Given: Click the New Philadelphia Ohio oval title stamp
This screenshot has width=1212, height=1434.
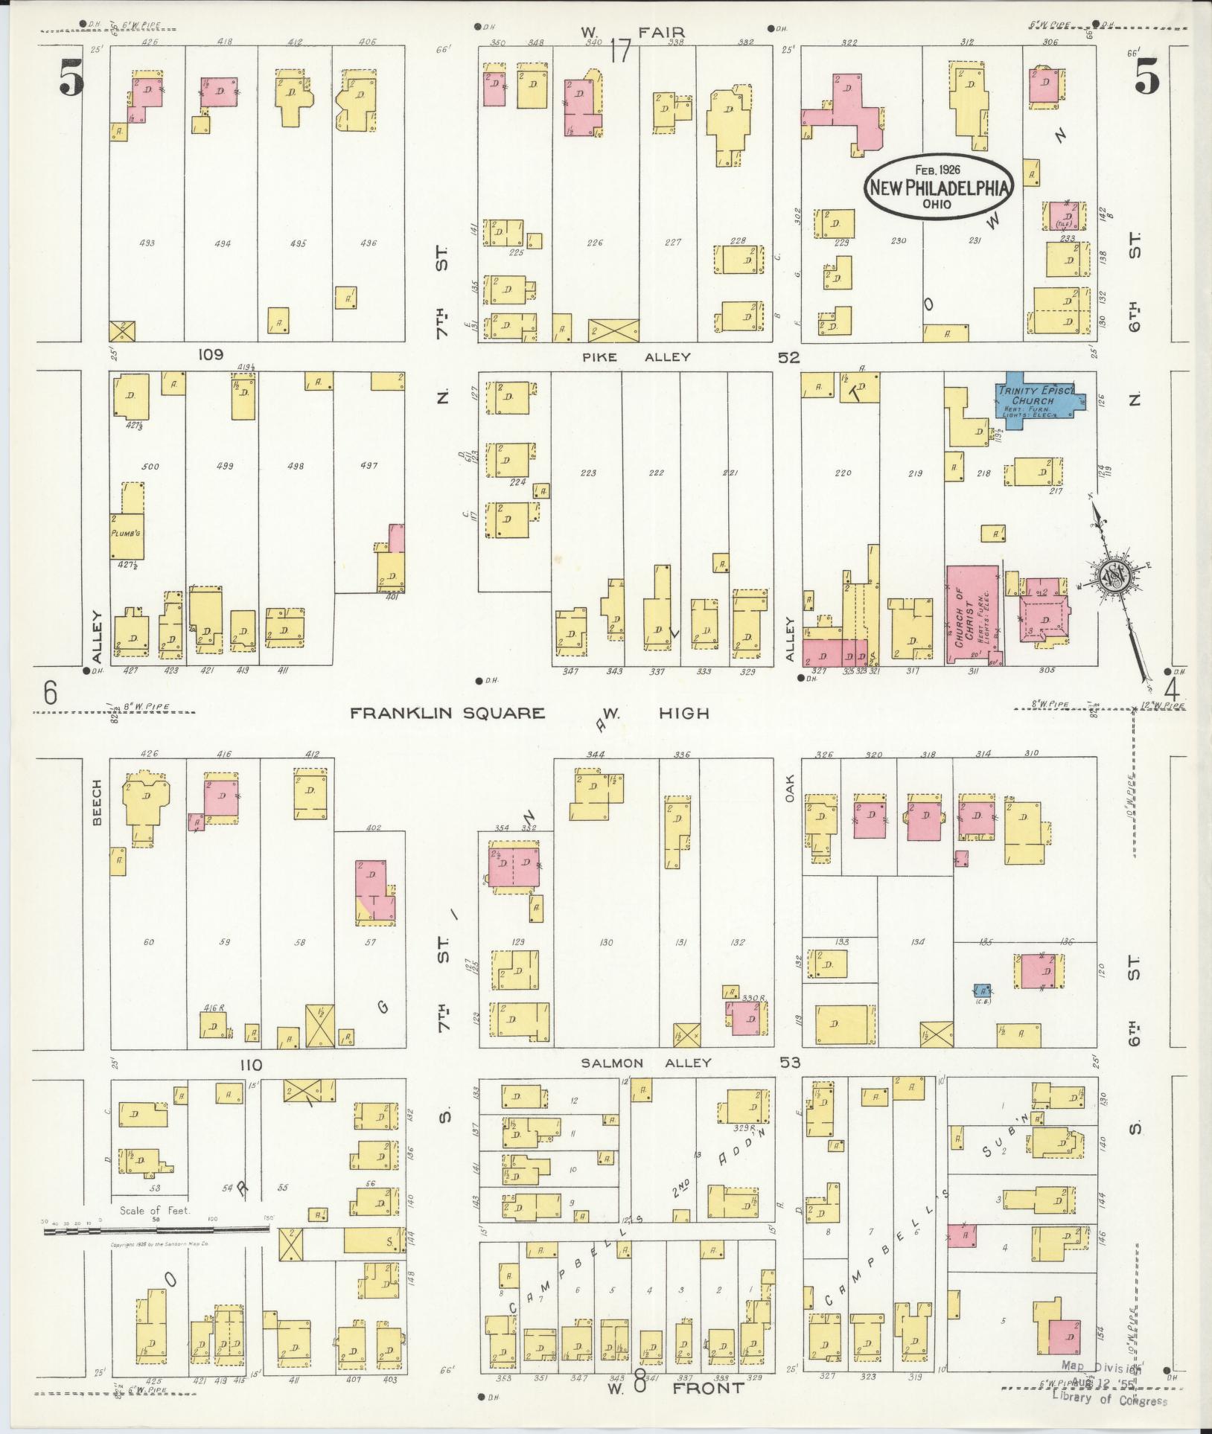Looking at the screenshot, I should point(940,188).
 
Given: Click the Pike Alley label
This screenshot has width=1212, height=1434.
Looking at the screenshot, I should point(637,357).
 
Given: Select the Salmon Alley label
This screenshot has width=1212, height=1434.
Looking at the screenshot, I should point(646,1063).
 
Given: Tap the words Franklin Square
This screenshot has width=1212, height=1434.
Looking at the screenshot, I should point(448,713).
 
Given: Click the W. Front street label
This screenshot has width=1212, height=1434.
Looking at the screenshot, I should point(676,1387).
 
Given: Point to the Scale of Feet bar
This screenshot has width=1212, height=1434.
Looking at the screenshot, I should point(153,1232).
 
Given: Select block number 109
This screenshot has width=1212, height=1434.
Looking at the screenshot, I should point(210,355).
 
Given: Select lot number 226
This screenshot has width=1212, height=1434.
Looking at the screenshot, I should point(595,243).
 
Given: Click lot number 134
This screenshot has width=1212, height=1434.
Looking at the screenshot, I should point(917,942).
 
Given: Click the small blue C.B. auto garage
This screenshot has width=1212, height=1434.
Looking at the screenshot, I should point(982,990).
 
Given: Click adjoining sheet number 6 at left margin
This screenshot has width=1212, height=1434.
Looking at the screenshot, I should point(49,694).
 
